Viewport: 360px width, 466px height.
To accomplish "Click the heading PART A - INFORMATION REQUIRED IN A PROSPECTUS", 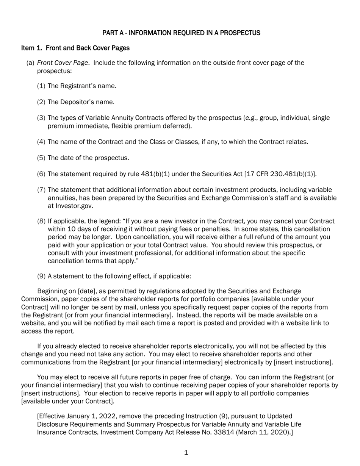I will click(x=181, y=33).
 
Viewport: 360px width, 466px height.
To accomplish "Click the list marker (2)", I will click(x=41, y=102).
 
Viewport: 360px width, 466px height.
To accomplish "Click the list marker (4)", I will click(x=41, y=142).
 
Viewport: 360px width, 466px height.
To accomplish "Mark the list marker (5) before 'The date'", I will click(x=41, y=158).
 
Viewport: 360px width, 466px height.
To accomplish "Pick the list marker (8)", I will click(x=41, y=221).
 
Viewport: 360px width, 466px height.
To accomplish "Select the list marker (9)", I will click(x=41, y=276).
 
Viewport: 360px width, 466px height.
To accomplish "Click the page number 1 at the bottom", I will click(x=186, y=453).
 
